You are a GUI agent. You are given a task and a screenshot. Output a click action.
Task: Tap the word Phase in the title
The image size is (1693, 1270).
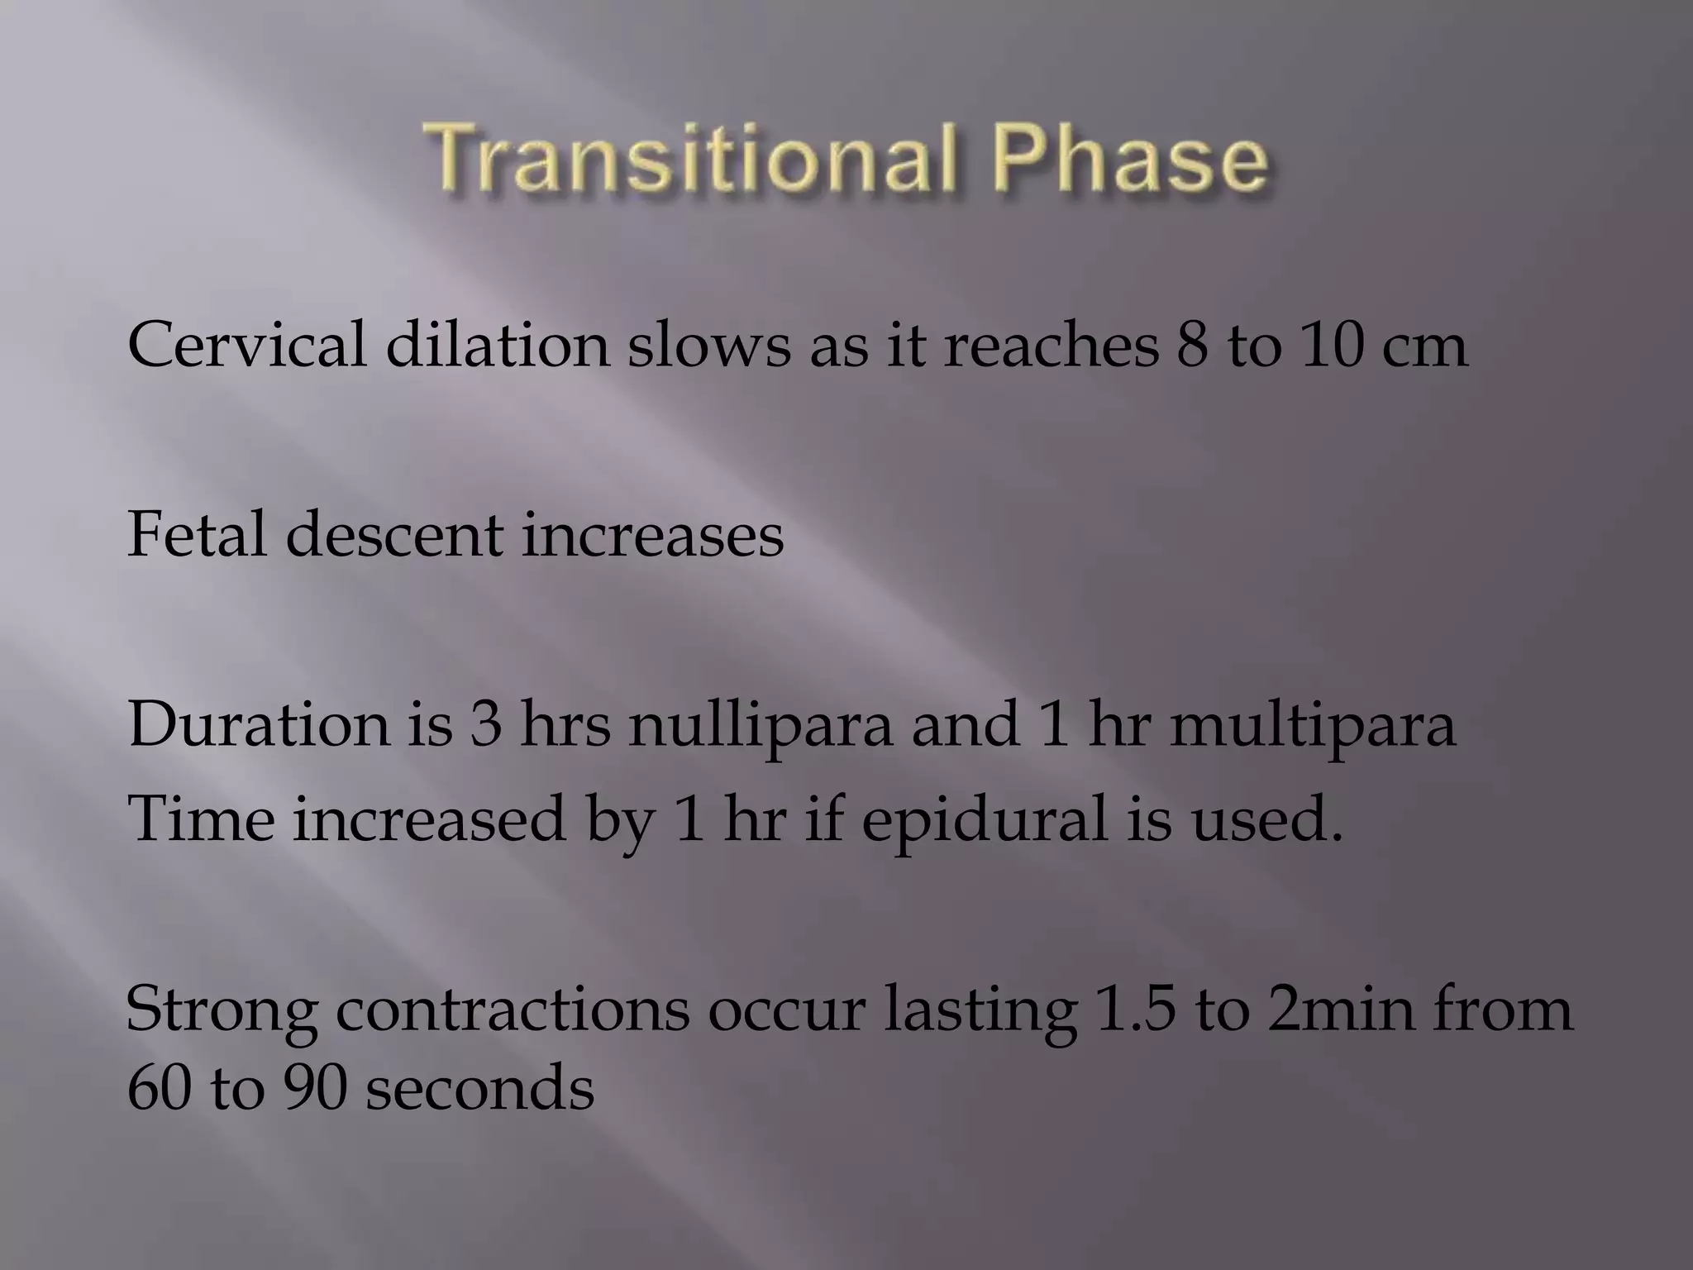(1133, 157)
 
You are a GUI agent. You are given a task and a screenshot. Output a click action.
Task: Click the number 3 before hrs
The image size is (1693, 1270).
(487, 724)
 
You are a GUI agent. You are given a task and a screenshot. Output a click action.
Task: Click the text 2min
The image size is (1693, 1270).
(1338, 1009)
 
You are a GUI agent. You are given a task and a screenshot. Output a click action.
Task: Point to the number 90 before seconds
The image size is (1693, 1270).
(314, 1088)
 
